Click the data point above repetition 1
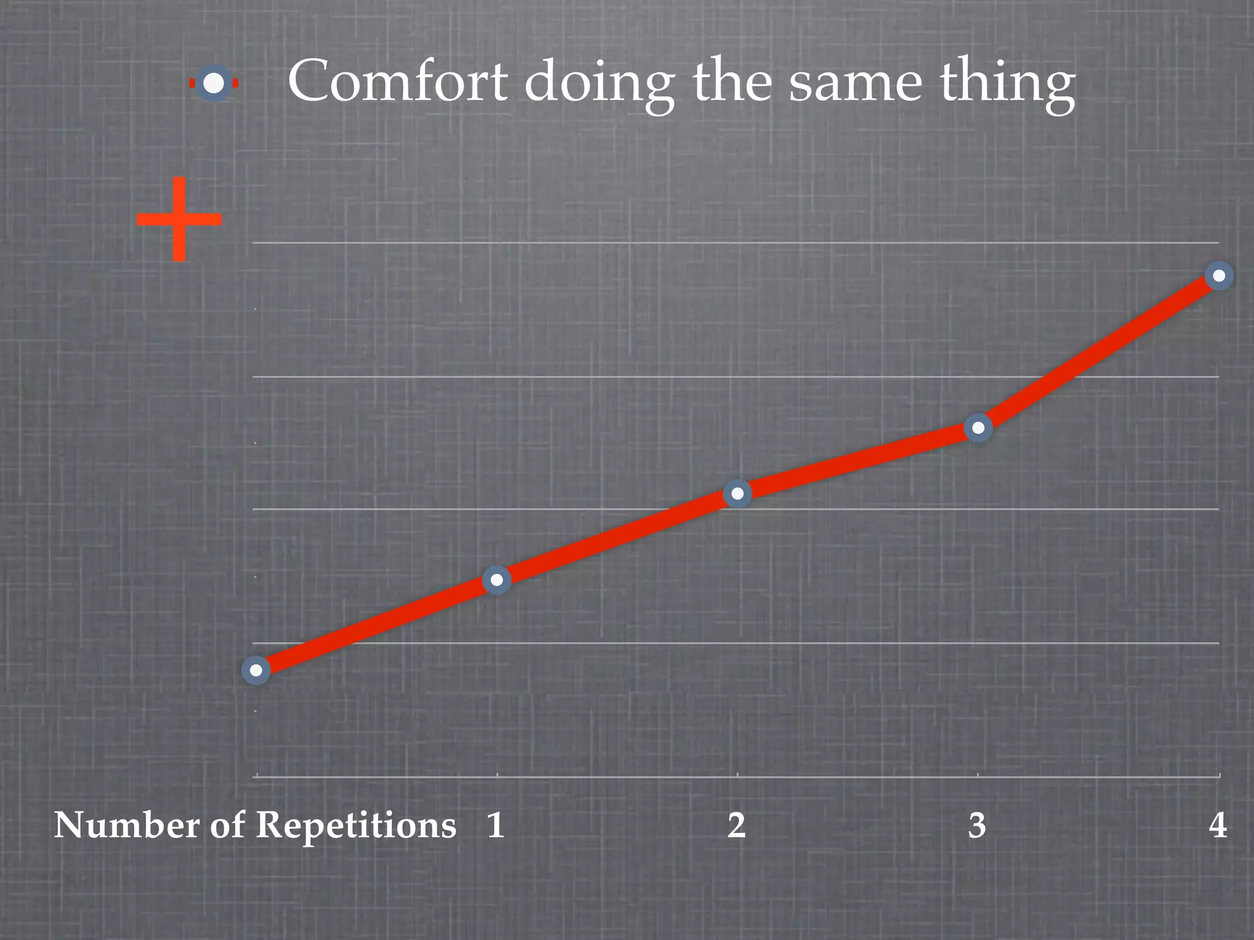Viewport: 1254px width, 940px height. (497, 580)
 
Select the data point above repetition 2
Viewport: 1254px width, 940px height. (737, 493)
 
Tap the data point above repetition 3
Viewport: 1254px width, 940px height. (978, 428)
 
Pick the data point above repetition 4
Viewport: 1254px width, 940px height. (1218, 276)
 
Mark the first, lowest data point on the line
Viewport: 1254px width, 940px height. (256, 670)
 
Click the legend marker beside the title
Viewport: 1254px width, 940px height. (214, 83)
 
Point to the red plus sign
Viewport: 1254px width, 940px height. (179, 218)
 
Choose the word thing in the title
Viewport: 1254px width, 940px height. (1007, 86)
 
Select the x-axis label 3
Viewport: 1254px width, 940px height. (977, 826)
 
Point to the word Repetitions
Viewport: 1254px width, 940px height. (356, 826)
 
